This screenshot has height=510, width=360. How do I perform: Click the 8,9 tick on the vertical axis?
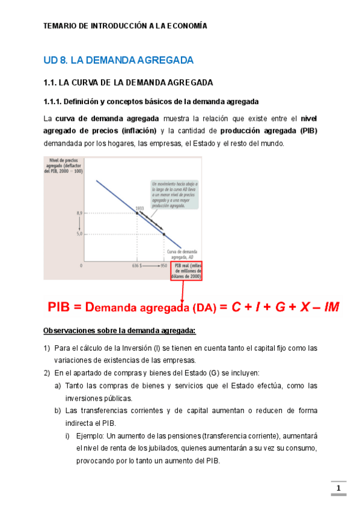click(x=79, y=213)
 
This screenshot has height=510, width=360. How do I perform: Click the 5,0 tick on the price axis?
click(x=79, y=233)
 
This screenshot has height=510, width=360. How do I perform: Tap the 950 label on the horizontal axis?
click(x=164, y=265)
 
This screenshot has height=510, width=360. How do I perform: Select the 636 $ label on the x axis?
click(x=136, y=265)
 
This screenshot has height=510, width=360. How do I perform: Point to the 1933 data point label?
click(x=139, y=208)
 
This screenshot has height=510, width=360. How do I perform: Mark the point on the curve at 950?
click(x=164, y=233)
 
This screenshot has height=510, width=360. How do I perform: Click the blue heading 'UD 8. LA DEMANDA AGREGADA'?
click(x=118, y=60)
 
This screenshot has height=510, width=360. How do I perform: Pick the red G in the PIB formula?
click(x=281, y=307)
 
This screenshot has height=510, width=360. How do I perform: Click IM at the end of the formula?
click(x=331, y=307)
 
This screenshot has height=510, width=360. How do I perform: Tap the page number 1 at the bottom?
click(x=338, y=488)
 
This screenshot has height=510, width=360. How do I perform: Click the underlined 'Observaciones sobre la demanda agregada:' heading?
click(x=120, y=331)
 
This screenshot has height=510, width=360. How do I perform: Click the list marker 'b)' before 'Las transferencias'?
click(x=58, y=411)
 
